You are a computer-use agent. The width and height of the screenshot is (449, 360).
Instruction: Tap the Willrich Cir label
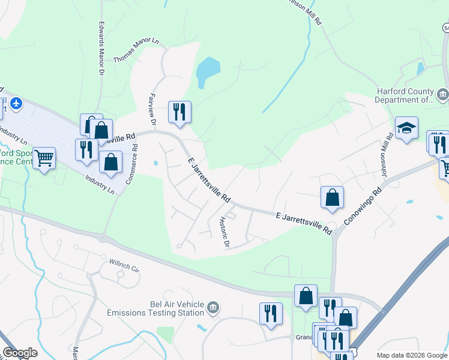coord(124,265)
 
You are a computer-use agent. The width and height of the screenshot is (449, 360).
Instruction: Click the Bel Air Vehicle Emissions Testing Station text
coord(155,308)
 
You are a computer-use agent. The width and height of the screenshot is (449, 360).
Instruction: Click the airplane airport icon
coord(16,103)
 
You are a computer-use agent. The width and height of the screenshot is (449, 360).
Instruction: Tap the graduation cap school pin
coord(406,128)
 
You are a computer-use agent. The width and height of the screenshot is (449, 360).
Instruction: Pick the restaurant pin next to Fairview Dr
coord(179,112)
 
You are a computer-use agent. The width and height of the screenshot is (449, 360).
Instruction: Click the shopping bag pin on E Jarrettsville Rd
coord(332,197)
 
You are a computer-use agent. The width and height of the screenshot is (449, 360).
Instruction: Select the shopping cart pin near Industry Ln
coord(44,158)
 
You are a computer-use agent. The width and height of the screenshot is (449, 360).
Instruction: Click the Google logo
coord(19,353)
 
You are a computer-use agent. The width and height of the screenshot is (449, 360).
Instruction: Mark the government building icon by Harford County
coord(443,94)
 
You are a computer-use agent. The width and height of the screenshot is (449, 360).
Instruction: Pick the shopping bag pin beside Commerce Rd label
coord(111,161)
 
